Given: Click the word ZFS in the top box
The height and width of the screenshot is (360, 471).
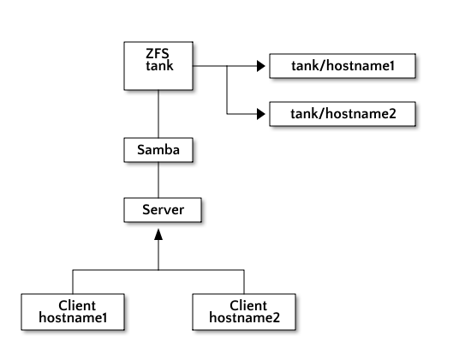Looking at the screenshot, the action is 158,54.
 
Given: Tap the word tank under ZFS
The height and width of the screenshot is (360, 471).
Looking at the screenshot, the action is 159,65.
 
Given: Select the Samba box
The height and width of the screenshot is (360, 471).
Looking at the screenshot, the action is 158,150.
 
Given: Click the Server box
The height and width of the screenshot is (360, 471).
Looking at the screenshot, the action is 163,210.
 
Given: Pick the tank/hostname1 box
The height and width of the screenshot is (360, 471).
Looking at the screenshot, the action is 343,66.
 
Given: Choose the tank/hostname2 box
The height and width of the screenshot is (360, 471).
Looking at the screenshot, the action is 343,114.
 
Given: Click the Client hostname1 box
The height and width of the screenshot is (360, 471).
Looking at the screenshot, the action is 73,312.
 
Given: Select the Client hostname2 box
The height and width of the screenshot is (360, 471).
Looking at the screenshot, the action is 244,312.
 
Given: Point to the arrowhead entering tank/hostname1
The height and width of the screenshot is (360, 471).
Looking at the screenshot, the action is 260,66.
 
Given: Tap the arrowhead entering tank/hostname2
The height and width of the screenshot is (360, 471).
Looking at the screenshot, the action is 260,114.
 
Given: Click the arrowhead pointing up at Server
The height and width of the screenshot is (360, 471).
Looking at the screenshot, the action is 158,235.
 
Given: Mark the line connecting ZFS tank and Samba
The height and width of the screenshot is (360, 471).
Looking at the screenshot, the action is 158,114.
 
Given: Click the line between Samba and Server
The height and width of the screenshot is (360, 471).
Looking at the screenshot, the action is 158,180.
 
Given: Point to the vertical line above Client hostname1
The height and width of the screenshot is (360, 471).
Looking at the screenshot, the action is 73,282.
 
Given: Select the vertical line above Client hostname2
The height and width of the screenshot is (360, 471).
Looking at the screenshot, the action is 244,282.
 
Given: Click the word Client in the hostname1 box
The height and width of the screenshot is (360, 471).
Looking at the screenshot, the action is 77,306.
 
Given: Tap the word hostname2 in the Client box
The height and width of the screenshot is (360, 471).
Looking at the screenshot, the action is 245,318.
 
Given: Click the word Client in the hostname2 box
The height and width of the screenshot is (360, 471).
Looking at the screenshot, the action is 248,306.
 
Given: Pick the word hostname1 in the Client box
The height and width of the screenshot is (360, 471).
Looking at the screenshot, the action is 73,318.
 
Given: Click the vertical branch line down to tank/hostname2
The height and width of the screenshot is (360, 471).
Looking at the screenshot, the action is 227,90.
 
